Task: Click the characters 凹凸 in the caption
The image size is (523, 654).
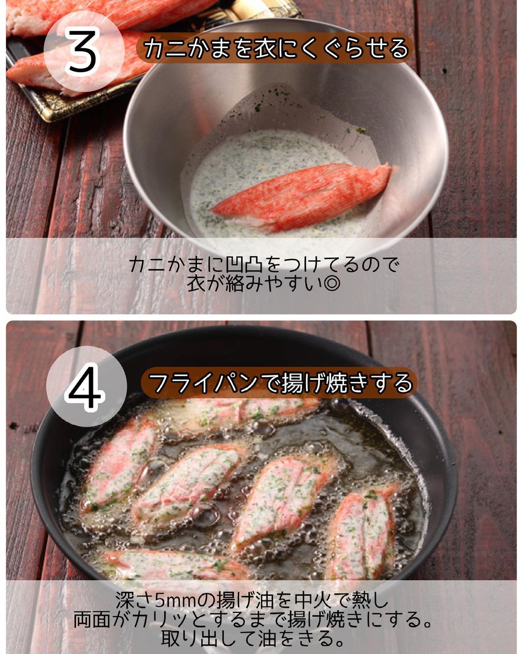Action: (x=240, y=265)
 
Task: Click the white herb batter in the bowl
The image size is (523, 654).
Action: (x=267, y=170)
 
